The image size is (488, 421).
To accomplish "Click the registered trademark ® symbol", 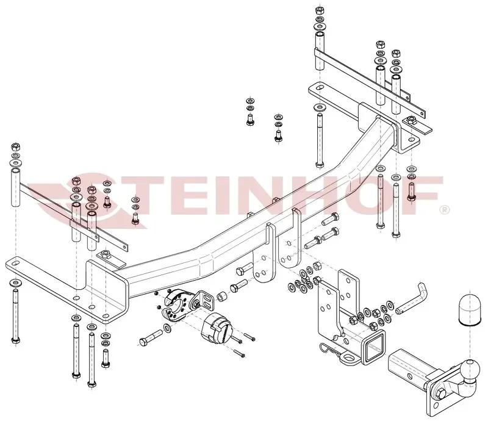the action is coord(444,210).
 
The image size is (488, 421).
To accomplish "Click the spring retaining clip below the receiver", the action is coord(331,349).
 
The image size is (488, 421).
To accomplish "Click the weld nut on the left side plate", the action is coord(106,254).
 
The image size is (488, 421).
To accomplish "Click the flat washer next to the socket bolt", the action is coord(167,327).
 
